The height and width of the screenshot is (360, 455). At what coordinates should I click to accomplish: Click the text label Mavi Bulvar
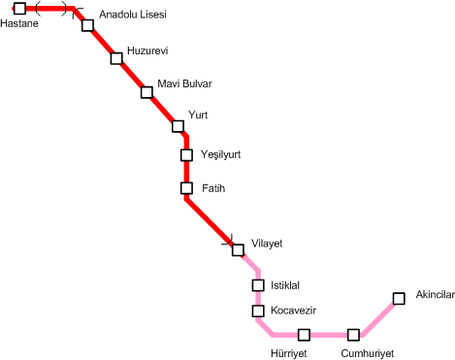pos(184,83)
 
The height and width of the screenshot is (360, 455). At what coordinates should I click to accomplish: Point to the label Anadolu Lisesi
pos(133,15)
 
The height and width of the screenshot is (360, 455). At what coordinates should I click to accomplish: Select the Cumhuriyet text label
pos(368,353)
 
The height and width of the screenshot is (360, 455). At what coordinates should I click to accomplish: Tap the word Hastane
pos(19,23)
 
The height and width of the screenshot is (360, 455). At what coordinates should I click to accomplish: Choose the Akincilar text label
pos(436,294)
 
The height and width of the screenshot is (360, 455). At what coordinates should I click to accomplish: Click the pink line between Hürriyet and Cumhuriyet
pos(329,335)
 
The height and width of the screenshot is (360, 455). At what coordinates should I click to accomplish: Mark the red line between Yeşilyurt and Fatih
pos(186,172)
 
